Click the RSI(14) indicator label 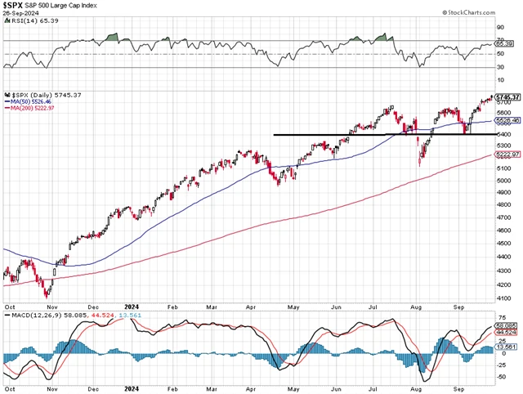22,23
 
